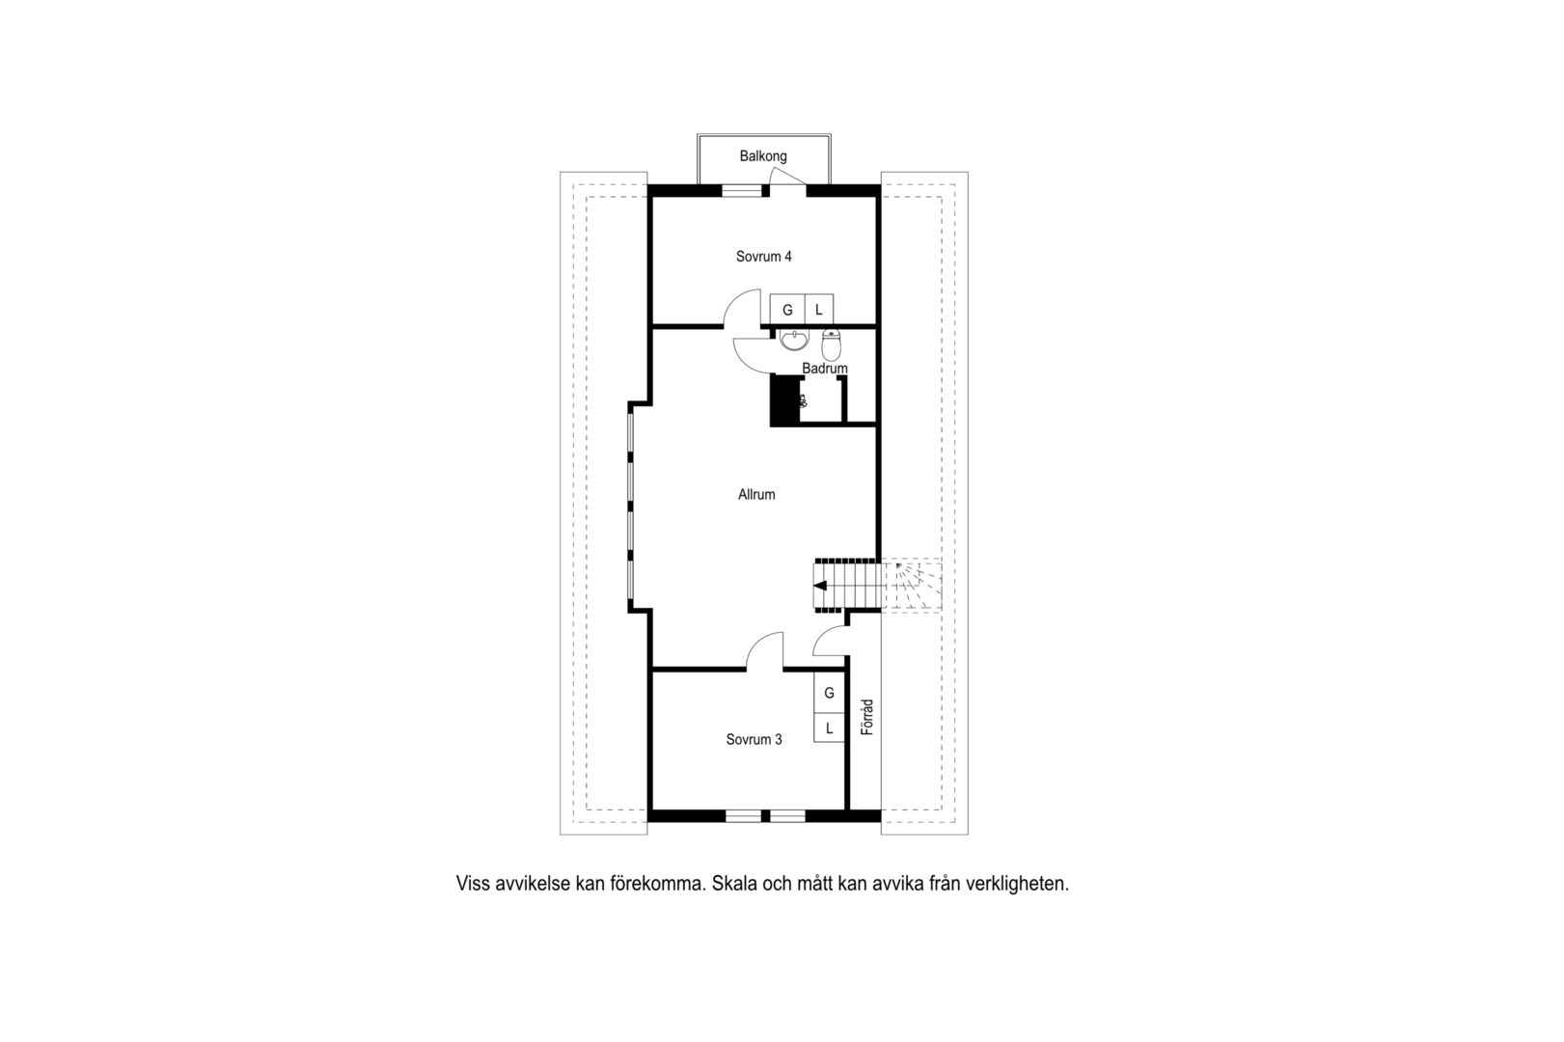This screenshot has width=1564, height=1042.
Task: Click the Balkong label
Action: tap(763, 156)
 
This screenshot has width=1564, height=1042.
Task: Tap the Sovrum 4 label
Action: tap(764, 257)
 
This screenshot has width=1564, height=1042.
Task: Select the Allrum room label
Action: tap(756, 494)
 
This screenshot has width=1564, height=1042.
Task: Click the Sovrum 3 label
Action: tap(755, 739)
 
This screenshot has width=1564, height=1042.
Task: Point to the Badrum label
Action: tap(825, 368)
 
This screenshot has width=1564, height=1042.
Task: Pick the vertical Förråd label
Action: tap(867, 717)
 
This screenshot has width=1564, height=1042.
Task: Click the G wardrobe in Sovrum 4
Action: tap(787, 310)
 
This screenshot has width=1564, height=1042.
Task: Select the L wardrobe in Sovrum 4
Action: tap(819, 310)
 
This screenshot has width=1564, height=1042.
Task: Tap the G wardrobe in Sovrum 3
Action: tap(830, 693)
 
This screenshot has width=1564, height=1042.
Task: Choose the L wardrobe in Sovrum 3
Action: tap(830, 727)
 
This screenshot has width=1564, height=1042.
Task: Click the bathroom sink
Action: tap(794, 341)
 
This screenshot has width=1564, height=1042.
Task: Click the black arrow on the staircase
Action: tap(820, 586)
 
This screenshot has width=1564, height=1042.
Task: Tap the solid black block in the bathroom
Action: tap(784, 400)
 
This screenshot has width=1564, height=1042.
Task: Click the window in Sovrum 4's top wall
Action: tap(742, 190)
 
